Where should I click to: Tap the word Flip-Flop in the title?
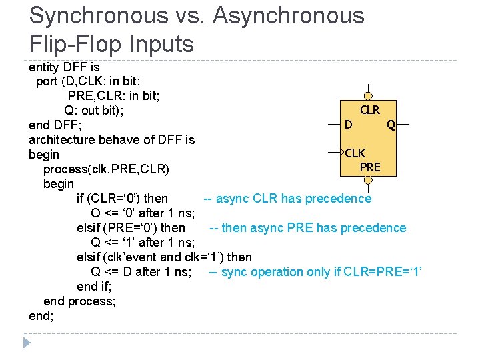(74, 44)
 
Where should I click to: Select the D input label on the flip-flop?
(349, 125)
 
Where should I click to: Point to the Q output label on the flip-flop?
(391, 125)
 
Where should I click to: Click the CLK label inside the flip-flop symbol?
(355, 154)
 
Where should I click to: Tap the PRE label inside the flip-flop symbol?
(370, 167)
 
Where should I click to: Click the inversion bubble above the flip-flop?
(369, 97)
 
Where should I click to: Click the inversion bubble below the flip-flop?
(369, 179)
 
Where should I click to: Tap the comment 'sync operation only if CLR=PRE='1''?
(316, 271)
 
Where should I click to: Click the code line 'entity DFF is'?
(65, 67)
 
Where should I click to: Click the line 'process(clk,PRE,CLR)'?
(107, 169)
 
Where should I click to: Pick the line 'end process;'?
(79, 301)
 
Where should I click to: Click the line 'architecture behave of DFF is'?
(112, 139)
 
